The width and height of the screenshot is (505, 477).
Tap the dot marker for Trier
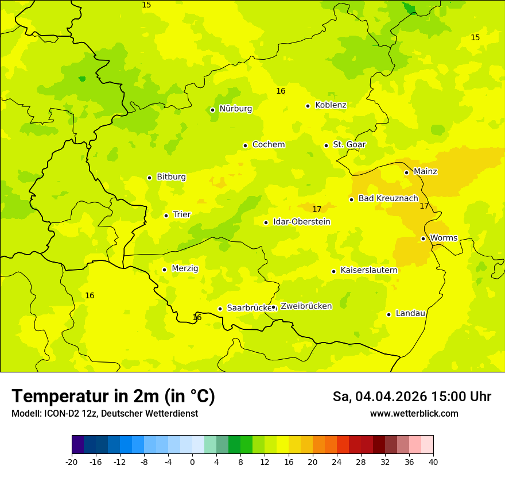pos(166,216)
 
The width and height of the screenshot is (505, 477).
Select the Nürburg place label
pos(235,109)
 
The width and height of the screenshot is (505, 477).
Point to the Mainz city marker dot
pos(406,172)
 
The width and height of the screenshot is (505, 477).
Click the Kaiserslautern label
pos(369,270)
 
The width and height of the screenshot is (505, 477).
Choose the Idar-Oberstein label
pos(302,222)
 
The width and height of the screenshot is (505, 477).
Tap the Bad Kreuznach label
pos(388,198)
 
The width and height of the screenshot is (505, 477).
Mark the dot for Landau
pos(389,314)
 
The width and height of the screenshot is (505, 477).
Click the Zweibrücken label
pos(306,306)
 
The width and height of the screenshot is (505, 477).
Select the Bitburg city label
pos(171,177)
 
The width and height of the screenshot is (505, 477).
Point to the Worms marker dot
pos(423,238)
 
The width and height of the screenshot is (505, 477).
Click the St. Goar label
pos(349,145)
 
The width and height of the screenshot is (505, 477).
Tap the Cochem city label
pos(269,145)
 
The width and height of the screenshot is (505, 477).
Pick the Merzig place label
pos(185,268)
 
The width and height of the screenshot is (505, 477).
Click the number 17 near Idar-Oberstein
pos(317,209)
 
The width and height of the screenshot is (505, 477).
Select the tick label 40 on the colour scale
pos(433,461)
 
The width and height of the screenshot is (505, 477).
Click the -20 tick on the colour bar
pos(72,461)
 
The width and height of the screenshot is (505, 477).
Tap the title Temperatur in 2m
pos(113,396)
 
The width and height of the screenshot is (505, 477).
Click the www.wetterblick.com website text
pos(414,413)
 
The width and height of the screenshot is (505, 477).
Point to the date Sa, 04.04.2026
pos(380,397)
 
